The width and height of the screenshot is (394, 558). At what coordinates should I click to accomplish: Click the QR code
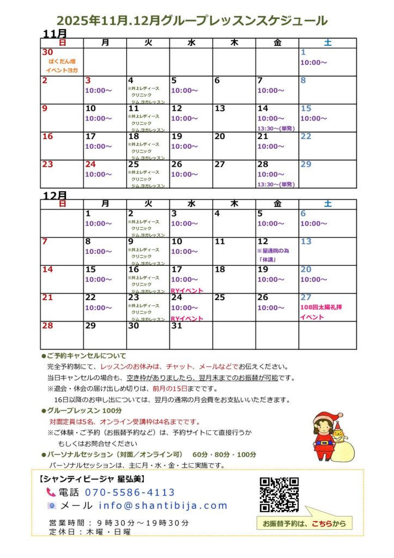click(x=279, y=495)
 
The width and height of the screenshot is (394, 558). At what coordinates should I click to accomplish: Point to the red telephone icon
click(x=51, y=493)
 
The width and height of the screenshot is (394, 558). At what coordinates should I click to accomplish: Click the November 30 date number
click(x=47, y=52)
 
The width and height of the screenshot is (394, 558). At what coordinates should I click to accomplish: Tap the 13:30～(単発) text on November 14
click(x=276, y=128)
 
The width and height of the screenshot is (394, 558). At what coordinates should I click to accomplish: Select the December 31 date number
click(x=176, y=325)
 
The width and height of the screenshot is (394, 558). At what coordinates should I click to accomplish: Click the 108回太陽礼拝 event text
click(x=321, y=307)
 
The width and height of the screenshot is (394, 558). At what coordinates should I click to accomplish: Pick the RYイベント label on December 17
click(x=187, y=291)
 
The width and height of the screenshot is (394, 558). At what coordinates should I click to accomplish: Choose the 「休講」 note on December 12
click(x=267, y=260)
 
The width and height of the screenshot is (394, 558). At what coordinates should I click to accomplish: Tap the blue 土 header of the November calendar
click(x=328, y=43)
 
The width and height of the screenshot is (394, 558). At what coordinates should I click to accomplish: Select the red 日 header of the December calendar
click(x=62, y=204)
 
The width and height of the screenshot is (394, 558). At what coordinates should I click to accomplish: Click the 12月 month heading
click(x=54, y=195)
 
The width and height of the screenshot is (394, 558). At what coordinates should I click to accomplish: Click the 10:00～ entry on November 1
click(x=313, y=62)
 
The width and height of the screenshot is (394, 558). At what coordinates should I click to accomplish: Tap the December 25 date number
click(x=219, y=298)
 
